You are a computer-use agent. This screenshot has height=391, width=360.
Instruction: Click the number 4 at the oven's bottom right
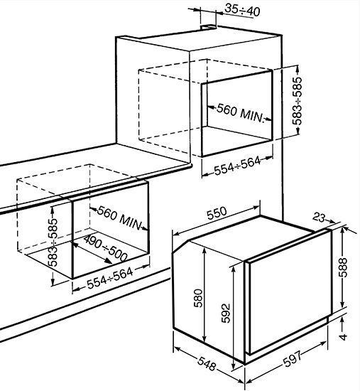pos(344,335)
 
